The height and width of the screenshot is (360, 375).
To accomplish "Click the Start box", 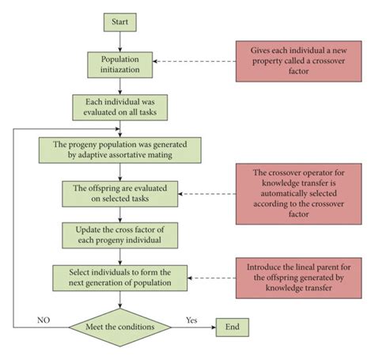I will click(119, 21).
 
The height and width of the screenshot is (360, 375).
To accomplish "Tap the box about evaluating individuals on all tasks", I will click(119, 107).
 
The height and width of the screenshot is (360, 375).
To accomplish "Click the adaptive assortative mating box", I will click(119, 150).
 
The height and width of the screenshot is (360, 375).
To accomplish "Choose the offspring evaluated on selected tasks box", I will click(119, 192).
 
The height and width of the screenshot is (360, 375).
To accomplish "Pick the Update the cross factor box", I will click(119, 235).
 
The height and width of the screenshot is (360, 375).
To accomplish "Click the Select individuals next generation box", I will click(119, 277).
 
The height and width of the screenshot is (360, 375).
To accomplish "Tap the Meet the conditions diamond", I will click(119, 327).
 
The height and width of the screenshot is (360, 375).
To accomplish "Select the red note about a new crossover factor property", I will click(295, 58).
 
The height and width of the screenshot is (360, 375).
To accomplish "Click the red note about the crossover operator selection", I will click(295, 191).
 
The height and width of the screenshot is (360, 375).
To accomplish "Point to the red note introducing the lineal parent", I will click(295, 277).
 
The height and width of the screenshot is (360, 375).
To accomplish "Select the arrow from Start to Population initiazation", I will click(119, 40).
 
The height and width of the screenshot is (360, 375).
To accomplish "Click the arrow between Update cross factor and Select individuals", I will click(119, 255).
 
